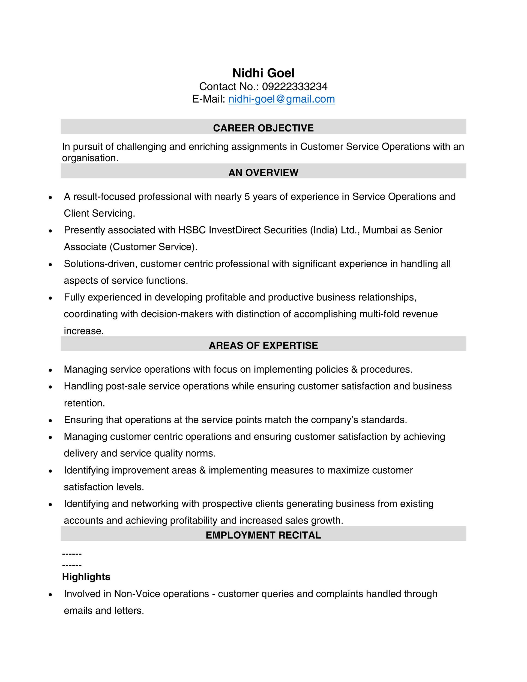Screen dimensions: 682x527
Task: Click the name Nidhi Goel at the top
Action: click(263, 73)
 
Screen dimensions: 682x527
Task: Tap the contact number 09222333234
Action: click(294, 86)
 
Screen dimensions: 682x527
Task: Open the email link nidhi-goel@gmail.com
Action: click(281, 99)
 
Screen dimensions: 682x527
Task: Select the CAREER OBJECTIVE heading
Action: click(263, 128)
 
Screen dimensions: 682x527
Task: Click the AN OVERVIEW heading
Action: click(263, 173)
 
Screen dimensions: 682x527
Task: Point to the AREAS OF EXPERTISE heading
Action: click(263, 345)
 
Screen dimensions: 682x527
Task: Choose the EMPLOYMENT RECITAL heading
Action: click(263, 535)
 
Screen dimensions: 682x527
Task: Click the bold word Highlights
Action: click(86, 577)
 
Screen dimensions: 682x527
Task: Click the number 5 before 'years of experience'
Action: click(247, 197)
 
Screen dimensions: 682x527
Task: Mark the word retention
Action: click(84, 403)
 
